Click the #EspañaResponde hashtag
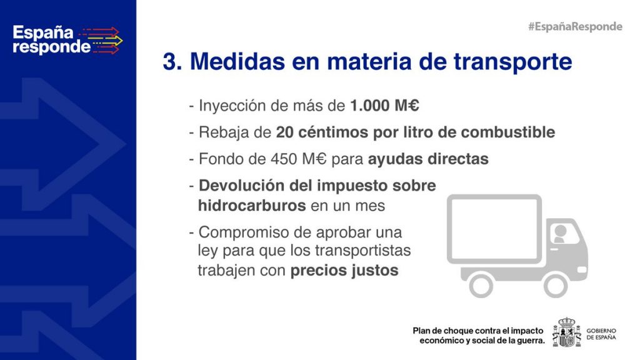click(575, 26)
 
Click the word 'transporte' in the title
click(512, 62)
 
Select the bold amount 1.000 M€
click(384, 106)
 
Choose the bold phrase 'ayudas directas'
click(428, 159)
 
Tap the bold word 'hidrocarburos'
click(252, 205)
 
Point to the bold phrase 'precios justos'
click(344, 270)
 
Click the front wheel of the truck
click(555, 285)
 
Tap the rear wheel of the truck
click(481, 285)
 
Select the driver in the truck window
click(560, 234)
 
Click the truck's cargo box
click(494, 229)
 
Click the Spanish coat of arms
click(566, 332)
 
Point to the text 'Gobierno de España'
click(601, 334)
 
